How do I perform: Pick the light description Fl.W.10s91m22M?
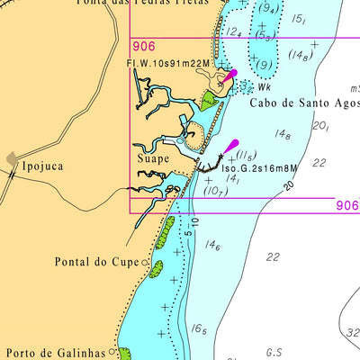pos(167,63)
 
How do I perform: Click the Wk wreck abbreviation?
pos(265,88)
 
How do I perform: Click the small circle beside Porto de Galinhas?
pos(114,352)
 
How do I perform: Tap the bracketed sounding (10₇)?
pos(214,191)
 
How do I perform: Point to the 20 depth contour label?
pos(289,185)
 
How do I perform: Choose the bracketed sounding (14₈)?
pos(301,56)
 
